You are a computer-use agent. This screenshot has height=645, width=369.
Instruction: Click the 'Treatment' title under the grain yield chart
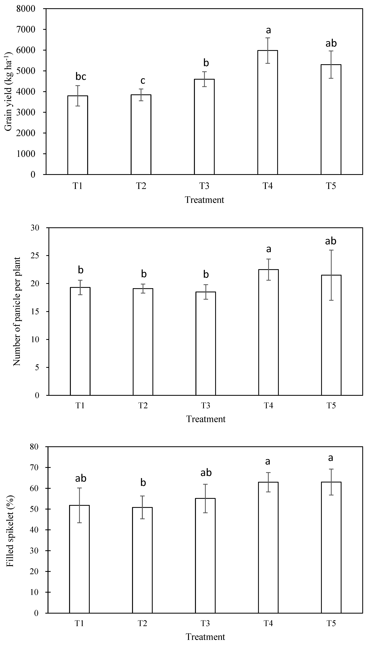pyautogui.click(x=204, y=200)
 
